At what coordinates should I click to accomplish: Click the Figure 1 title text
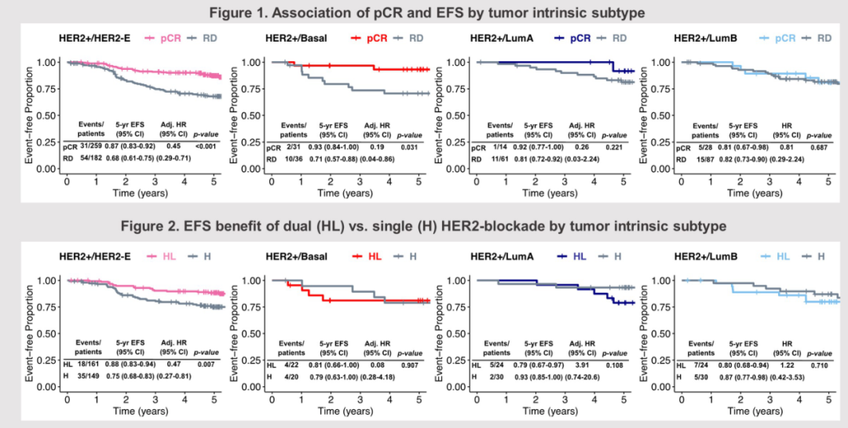click(x=423, y=12)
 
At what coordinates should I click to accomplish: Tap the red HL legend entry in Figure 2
click(x=367, y=256)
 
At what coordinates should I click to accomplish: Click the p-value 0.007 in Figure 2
click(x=206, y=364)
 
